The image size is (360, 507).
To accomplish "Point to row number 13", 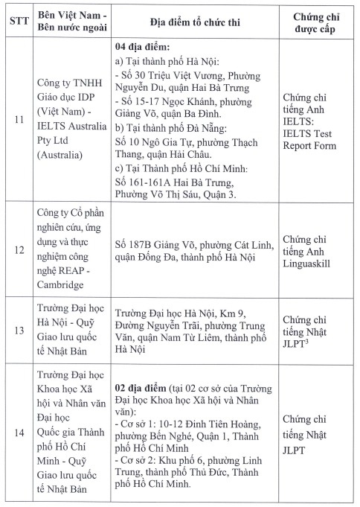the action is [18, 331].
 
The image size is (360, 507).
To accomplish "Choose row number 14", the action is [18, 432].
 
